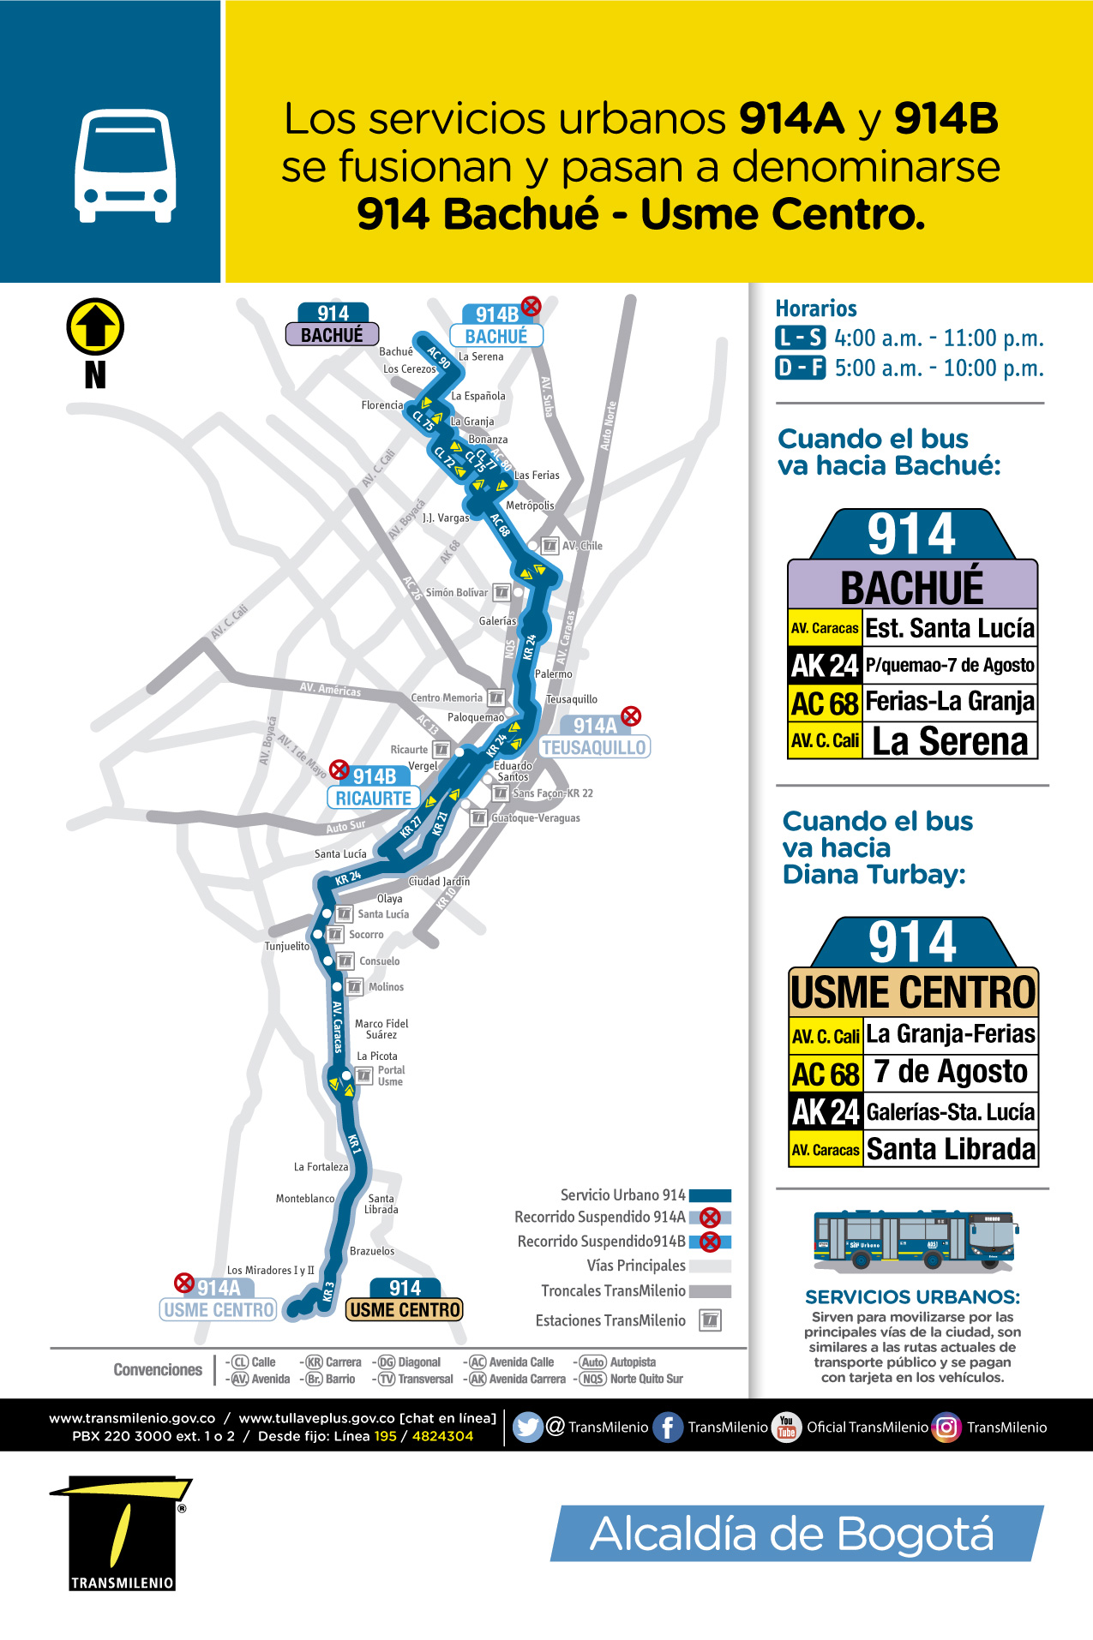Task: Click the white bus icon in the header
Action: (125, 165)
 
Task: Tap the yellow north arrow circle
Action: (95, 326)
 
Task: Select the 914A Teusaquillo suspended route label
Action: (595, 737)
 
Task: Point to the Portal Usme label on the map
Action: (390, 1076)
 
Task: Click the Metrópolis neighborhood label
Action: (530, 506)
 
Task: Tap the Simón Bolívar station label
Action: (456, 592)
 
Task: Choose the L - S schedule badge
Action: (800, 338)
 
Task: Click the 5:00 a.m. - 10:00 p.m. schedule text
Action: (939, 368)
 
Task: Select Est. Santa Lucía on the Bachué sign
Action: (950, 628)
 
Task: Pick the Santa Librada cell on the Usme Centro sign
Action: (951, 1149)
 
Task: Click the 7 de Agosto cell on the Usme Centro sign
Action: (951, 1072)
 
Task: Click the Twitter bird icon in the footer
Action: (528, 1427)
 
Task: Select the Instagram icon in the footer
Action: (946, 1427)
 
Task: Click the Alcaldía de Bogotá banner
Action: (796, 1533)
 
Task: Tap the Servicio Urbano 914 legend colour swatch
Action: (710, 1195)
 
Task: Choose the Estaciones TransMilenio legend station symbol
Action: (710, 1320)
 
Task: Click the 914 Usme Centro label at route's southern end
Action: (405, 1300)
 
